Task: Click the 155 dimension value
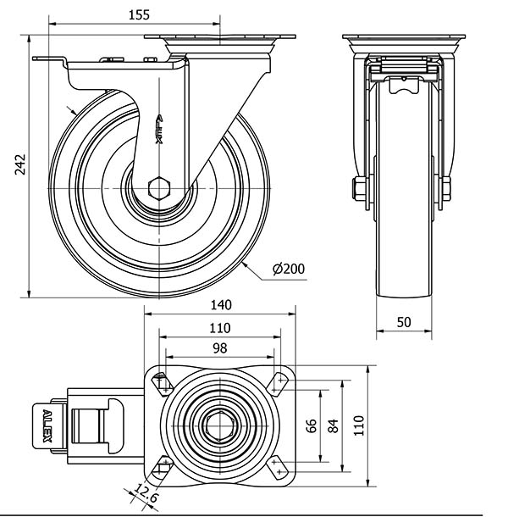139,15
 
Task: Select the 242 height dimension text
20,164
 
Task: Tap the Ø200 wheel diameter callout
289,269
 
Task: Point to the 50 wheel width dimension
404,322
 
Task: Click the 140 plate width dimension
221,305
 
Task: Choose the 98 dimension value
220,347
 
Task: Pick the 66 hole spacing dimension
312,425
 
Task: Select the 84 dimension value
334,425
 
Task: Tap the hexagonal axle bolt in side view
159,188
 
